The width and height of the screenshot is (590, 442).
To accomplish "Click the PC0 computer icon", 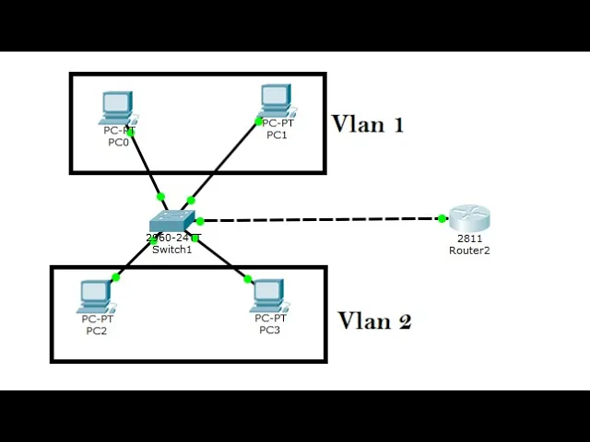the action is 118,109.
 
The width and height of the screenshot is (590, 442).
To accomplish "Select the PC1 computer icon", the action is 277,100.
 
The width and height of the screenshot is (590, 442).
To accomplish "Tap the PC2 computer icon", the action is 97,297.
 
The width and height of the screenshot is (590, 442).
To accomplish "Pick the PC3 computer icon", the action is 270,296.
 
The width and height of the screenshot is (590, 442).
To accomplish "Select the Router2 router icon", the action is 469,217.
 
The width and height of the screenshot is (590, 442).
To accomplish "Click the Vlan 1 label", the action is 368,124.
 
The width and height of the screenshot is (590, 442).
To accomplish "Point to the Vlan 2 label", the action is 374,321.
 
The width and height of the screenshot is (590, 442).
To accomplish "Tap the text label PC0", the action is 119,143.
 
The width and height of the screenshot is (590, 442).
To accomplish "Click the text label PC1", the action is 277,135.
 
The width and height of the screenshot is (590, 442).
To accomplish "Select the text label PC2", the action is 97,331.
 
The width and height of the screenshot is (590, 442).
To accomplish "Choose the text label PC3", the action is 270,330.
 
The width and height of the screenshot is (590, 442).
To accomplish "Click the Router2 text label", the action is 469,250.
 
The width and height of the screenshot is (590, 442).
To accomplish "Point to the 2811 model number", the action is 469,238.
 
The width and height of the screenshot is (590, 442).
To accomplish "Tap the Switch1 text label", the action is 172,250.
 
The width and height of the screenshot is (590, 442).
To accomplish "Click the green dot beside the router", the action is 442,218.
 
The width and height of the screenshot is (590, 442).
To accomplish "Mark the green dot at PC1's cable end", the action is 258,122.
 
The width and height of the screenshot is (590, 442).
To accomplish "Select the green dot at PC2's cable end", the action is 116,277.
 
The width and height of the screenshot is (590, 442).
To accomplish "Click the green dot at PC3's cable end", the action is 248,279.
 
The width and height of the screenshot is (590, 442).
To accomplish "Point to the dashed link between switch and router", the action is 322,219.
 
